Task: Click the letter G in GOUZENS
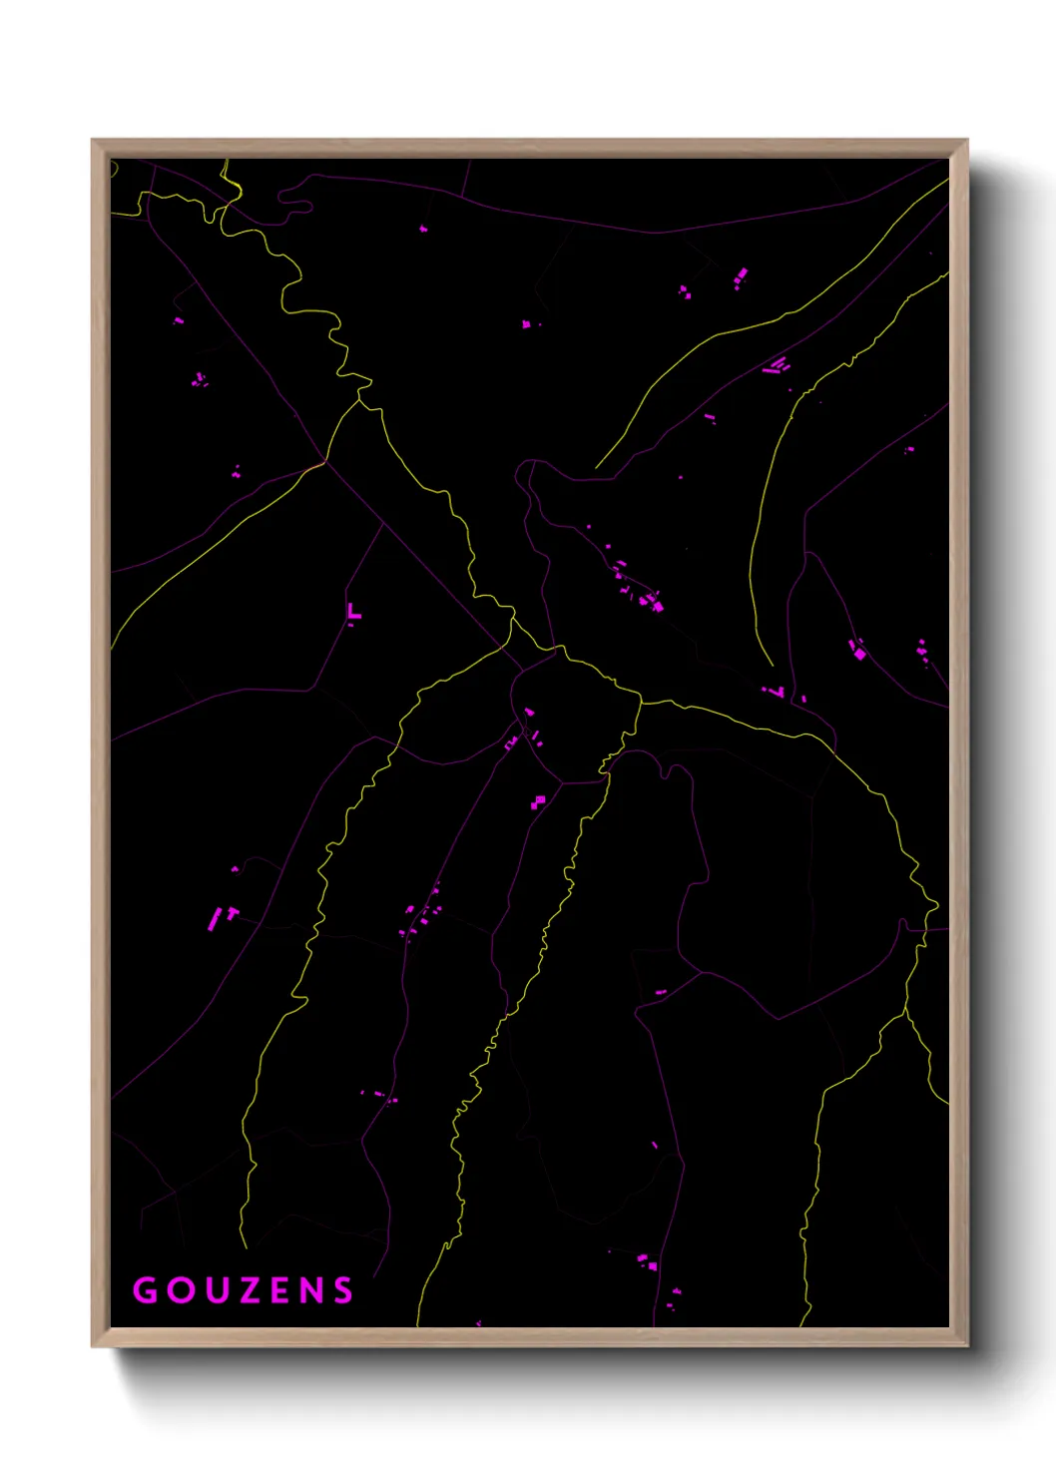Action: point(145,1290)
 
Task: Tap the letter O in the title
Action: point(180,1290)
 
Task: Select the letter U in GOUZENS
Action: point(215,1290)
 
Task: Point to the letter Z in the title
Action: point(247,1290)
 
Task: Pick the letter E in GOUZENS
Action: point(279,1290)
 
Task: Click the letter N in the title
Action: point(310,1290)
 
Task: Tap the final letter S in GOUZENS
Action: point(343,1290)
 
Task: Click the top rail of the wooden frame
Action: point(529,148)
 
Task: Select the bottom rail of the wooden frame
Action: point(529,1337)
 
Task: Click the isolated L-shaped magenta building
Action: point(352,612)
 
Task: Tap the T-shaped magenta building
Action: point(232,912)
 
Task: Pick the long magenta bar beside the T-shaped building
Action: point(213,918)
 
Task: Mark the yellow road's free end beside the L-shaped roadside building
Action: point(772,665)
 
